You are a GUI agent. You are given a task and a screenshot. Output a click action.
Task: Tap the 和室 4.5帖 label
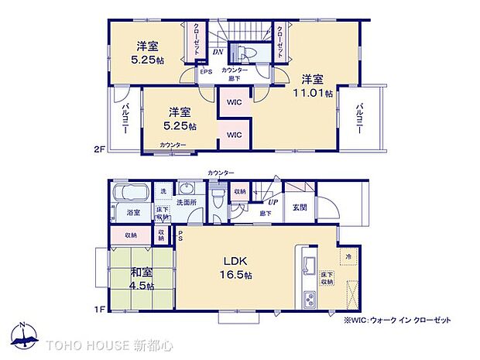(x=141, y=278)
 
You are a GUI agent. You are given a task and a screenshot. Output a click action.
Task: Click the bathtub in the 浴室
(x=129, y=194)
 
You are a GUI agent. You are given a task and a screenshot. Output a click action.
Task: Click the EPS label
(x=206, y=72)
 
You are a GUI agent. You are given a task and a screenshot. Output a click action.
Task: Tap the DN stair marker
(x=218, y=53)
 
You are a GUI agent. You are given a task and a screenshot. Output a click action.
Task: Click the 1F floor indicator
(x=99, y=310)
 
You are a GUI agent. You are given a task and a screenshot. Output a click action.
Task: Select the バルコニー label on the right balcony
(x=360, y=118)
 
